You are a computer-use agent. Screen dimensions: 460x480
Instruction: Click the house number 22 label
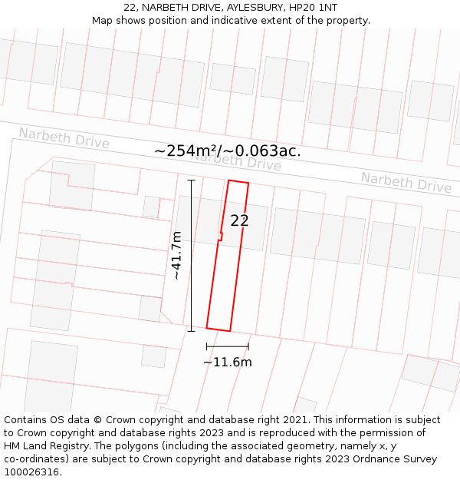pos(239,221)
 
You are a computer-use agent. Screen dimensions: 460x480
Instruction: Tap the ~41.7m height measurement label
pos(176,255)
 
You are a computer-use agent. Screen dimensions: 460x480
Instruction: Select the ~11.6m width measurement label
pos(227,362)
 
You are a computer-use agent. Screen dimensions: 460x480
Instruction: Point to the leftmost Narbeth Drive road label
pos(64,138)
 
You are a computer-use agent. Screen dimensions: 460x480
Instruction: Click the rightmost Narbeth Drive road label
pos(406,183)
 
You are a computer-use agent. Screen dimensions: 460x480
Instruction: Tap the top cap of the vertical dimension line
pos(191,180)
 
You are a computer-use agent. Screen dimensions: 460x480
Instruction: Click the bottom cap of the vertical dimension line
pos(191,331)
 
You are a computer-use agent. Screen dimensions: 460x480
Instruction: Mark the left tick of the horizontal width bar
pos(207,346)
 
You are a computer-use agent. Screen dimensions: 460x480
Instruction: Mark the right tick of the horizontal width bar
pos(248,346)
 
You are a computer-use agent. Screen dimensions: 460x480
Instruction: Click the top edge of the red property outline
pos(238,182)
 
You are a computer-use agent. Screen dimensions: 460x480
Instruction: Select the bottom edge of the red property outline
pos(219,329)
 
